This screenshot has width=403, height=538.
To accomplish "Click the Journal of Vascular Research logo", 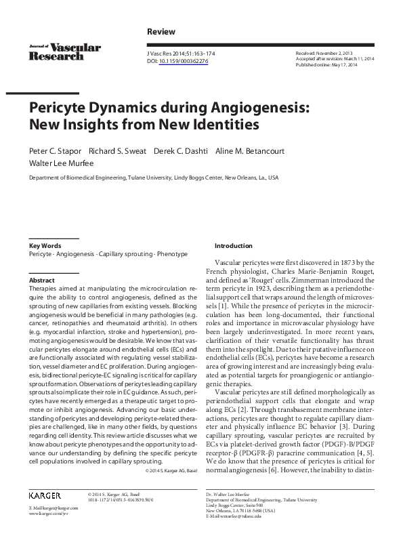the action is pyautogui.click(x=64, y=51).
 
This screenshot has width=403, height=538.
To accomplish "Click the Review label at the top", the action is pyautogui.click(x=161, y=32).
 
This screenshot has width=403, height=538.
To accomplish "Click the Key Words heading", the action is pyautogui.click(x=45, y=245).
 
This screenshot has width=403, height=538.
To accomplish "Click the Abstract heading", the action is pyautogui.click(x=41, y=279).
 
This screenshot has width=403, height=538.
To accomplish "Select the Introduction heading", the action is pyautogui.click(x=233, y=245).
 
